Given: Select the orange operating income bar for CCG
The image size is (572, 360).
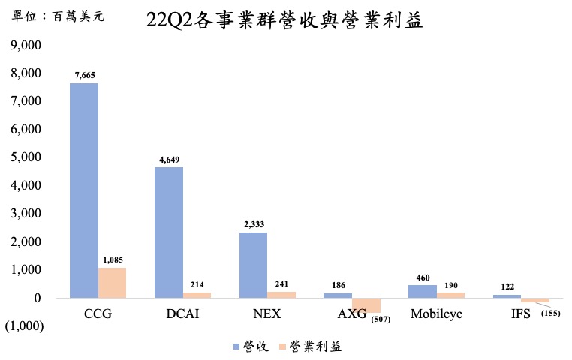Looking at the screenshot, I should point(112,283).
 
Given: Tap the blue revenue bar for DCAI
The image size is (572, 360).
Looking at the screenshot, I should point(169,232).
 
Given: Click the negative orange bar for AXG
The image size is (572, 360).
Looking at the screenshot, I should point(366,304).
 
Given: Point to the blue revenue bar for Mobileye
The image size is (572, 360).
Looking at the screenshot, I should point(422,291).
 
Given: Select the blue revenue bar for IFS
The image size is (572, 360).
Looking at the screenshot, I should point(507,295).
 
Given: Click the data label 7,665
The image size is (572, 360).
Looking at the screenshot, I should point(84,75).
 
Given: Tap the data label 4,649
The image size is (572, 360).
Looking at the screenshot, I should point(169,160).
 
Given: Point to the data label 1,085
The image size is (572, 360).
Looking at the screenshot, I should point(112,259).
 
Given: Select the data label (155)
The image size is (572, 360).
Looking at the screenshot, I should point(550,312).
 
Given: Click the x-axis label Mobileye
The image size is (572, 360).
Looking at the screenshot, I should point(436,313).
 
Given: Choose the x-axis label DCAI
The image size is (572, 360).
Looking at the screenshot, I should point(182,313).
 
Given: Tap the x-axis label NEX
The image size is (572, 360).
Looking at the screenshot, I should point(267,313).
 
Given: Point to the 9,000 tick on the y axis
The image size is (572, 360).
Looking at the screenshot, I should point(24,45).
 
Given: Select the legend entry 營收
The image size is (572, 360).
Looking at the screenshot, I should point(250,346).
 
